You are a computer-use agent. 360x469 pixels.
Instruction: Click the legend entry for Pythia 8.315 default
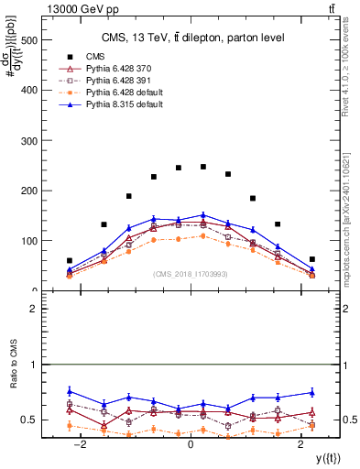point(125,105)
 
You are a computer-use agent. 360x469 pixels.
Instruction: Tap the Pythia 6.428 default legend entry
point(125,93)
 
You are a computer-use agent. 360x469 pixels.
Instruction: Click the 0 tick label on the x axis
point(190,443)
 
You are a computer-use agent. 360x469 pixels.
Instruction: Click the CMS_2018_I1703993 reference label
point(191,274)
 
